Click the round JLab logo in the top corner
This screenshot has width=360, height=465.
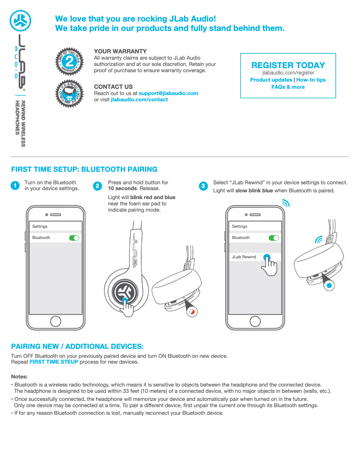pos(19,20)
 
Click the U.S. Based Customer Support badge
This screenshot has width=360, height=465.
pos(69,92)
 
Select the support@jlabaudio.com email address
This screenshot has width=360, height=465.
pos(168,93)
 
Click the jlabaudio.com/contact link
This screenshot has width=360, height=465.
pos(139,100)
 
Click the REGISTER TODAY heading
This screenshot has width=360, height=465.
pos(288,65)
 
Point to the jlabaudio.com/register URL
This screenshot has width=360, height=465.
pos(288,73)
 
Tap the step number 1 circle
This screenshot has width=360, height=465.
pos(15,186)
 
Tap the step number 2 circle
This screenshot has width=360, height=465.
pos(97,186)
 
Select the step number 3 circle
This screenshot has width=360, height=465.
pos(203,186)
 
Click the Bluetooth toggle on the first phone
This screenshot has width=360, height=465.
pos(74,238)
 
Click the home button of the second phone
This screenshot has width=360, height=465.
pos(255,321)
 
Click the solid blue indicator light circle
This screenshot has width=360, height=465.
pos(329,285)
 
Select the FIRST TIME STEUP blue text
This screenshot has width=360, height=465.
pos(53,362)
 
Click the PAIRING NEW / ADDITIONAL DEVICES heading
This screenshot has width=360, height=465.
pos(77,347)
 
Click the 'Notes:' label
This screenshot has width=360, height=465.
pos(19,376)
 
